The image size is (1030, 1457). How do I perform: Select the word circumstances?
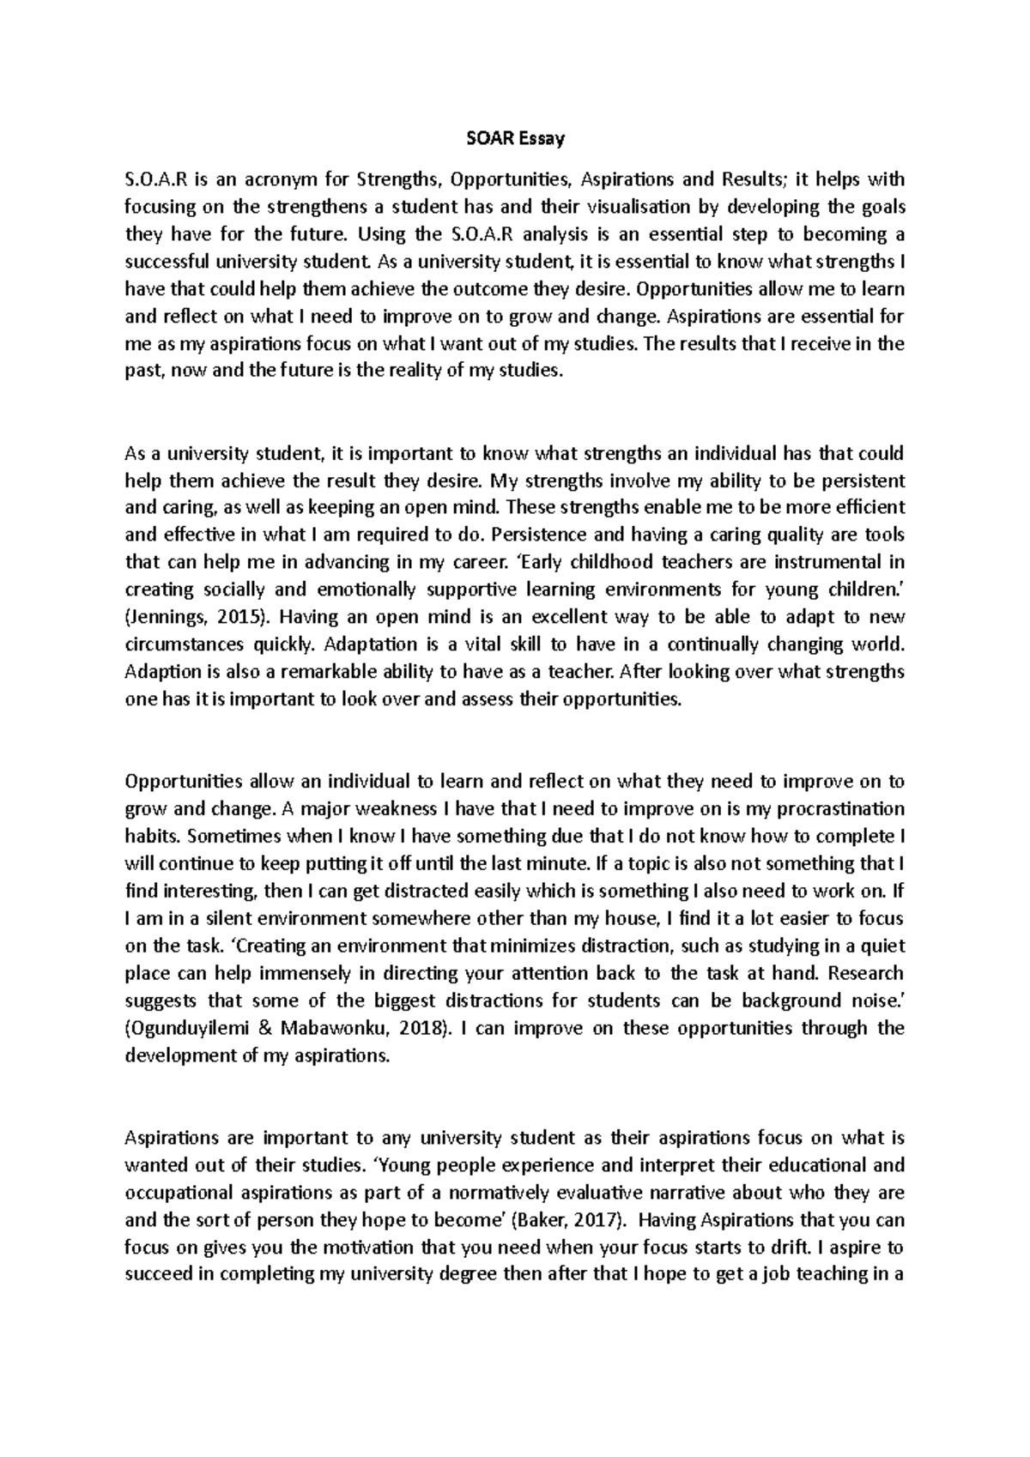185,644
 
